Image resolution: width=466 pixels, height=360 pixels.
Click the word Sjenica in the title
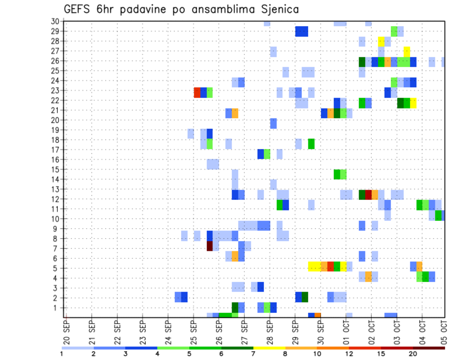(x=275, y=9)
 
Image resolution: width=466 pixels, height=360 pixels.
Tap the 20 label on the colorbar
(x=413, y=354)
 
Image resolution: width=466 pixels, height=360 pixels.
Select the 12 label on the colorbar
(x=349, y=354)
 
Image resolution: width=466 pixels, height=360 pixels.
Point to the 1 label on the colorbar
(x=62, y=354)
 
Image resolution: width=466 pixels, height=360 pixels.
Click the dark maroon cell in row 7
(x=210, y=246)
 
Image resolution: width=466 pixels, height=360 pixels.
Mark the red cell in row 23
(x=197, y=92)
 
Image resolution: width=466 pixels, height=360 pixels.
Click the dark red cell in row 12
(x=368, y=195)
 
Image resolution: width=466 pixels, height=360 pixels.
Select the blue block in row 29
(x=301, y=32)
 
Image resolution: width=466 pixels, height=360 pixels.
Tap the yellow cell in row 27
(x=407, y=51)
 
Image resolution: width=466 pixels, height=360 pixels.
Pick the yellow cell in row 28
(x=381, y=41)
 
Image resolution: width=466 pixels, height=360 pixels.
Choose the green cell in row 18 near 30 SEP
(x=311, y=144)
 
